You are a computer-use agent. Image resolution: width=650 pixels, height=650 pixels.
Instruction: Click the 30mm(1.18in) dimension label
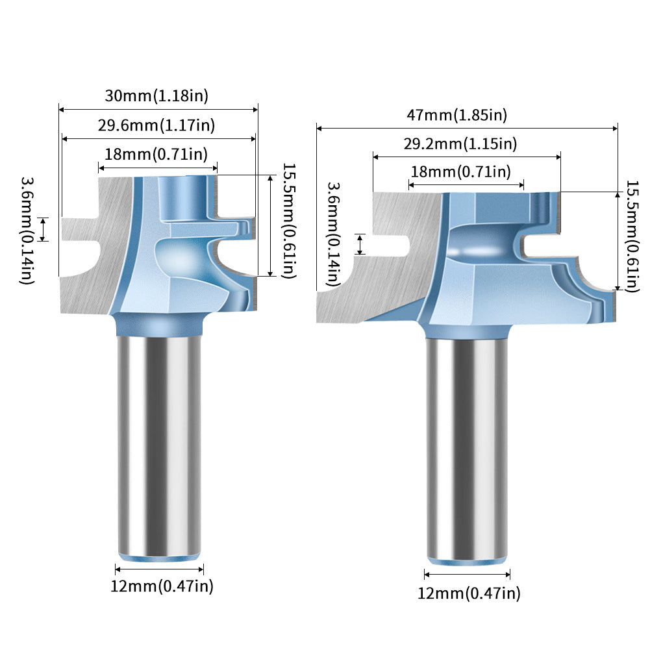click(x=156, y=95)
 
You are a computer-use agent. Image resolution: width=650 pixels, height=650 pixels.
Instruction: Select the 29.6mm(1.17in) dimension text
click(x=156, y=125)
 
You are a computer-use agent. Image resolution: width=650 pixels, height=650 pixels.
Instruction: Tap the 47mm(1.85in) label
click(x=457, y=115)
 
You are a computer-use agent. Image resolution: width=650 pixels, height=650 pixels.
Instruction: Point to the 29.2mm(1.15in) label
click(x=460, y=144)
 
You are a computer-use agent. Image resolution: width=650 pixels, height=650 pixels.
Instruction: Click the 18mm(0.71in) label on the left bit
click(x=156, y=154)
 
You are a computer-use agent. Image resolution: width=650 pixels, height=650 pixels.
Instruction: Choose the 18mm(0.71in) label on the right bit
click(x=460, y=171)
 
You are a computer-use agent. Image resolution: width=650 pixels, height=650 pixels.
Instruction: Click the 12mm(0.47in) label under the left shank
click(x=162, y=586)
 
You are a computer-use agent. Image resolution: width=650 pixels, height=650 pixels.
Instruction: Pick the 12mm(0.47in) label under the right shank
click(x=468, y=594)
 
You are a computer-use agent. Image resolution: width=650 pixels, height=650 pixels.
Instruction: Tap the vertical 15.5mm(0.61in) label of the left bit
click(x=290, y=221)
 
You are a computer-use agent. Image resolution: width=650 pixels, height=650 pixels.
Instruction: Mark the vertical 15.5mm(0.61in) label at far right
click(x=632, y=236)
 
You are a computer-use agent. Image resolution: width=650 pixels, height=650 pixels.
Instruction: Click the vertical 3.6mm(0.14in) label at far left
click(x=27, y=231)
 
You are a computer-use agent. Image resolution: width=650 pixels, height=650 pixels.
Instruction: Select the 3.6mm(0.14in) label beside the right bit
click(x=334, y=234)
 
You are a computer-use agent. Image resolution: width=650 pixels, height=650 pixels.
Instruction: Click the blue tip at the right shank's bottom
click(x=467, y=561)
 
